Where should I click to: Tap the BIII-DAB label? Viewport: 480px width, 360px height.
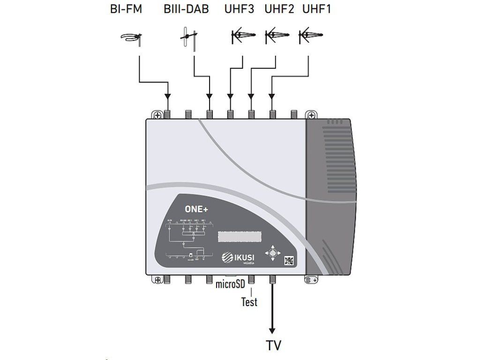point(186,9)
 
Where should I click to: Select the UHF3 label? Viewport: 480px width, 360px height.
point(239,9)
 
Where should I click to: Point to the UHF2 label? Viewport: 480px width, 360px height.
point(279,9)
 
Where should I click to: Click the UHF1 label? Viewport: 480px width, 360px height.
point(317,9)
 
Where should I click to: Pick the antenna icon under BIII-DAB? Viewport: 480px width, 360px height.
point(189,37)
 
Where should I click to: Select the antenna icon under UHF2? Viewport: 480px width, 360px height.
point(277,36)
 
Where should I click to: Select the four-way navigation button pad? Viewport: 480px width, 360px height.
point(271,253)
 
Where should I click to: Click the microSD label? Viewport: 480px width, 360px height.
point(231,284)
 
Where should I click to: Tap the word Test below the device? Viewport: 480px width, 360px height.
point(249,302)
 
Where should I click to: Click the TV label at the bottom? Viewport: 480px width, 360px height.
point(273,346)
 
